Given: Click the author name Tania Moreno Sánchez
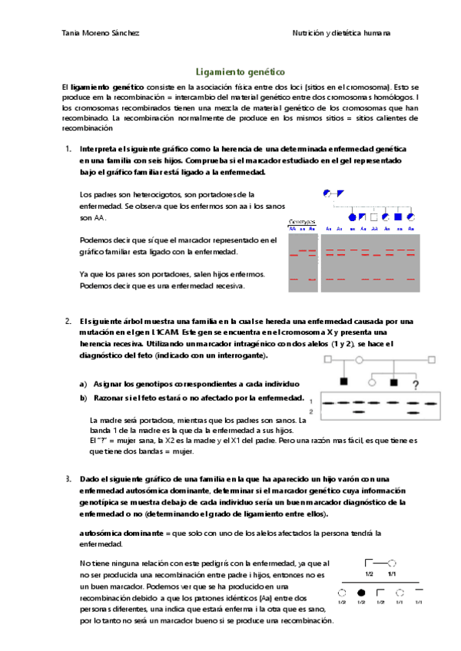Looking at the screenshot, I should click(x=100, y=33).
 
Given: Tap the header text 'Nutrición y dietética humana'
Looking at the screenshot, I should click(x=341, y=33).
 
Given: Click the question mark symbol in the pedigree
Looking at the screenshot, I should click(x=416, y=385).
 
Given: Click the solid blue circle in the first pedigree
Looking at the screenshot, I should click(x=353, y=218).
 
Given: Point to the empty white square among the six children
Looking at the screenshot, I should click(x=374, y=218).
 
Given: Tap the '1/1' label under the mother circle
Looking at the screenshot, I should click(x=392, y=573).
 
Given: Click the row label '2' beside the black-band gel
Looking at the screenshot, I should click(x=310, y=413).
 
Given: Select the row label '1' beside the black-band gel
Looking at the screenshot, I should click(x=310, y=402).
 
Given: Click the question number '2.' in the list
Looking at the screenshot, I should click(x=68, y=320).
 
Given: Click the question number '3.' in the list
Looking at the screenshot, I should click(x=68, y=479).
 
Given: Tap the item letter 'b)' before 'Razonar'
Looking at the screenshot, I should click(x=83, y=398).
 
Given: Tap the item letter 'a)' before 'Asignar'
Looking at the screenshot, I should click(x=83, y=383).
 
